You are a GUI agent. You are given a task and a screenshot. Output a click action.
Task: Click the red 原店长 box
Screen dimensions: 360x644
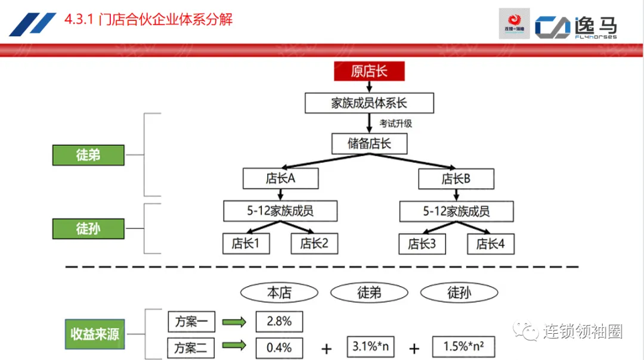[x=369, y=72]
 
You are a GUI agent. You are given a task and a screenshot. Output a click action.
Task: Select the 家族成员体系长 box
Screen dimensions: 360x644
[x=369, y=103]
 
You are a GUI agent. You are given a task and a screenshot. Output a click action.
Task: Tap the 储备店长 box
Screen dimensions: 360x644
[x=369, y=144]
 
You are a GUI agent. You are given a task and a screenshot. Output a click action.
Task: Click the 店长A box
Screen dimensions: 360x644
[x=280, y=178]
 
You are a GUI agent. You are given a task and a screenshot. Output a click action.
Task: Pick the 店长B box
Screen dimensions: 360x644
[x=456, y=178]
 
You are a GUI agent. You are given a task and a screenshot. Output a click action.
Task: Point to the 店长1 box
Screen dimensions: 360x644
[x=246, y=243]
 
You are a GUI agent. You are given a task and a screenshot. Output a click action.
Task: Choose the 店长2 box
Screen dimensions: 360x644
[x=314, y=243]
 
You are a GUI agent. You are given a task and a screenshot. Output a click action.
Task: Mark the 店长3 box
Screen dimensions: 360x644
[x=422, y=243]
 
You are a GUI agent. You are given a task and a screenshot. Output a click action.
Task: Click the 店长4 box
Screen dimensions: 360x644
[x=490, y=243]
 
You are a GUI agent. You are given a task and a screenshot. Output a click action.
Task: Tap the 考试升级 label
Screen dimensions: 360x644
[x=396, y=124]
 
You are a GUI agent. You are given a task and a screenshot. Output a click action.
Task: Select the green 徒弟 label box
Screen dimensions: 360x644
[x=88, y=155]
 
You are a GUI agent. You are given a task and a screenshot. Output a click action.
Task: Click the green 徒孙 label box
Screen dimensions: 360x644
[x=88, y=228]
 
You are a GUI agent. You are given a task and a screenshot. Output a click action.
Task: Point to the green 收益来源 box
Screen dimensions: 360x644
[x=94, y=334]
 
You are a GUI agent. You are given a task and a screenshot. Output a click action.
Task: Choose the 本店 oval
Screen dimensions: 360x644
[x=279, y=292]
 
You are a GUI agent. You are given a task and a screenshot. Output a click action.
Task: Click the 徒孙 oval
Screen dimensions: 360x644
[x=459, y=292]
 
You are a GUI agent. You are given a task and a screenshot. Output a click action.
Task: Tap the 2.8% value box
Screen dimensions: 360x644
[x=279, y=321]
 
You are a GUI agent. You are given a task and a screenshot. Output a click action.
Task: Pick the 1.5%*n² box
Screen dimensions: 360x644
[x=463, y=347]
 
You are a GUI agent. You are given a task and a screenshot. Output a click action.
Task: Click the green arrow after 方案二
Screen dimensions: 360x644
[x=234, y=346]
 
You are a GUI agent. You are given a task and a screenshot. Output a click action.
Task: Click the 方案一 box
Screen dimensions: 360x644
[x=191, y=322]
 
